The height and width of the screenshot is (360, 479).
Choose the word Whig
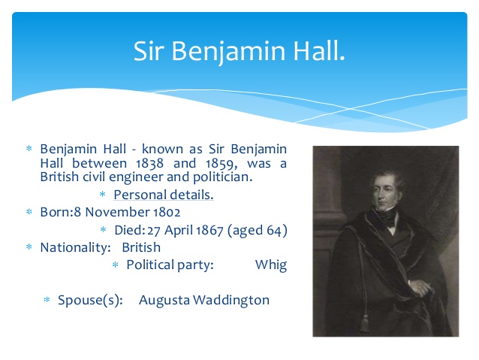(270, 265)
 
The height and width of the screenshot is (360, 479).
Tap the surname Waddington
(231, 300)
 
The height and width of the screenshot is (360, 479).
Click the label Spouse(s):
(91, 300)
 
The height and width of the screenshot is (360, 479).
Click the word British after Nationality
(141, 247)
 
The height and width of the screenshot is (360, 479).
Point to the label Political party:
(170, 265)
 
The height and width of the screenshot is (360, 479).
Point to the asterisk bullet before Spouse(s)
(47, 301)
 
